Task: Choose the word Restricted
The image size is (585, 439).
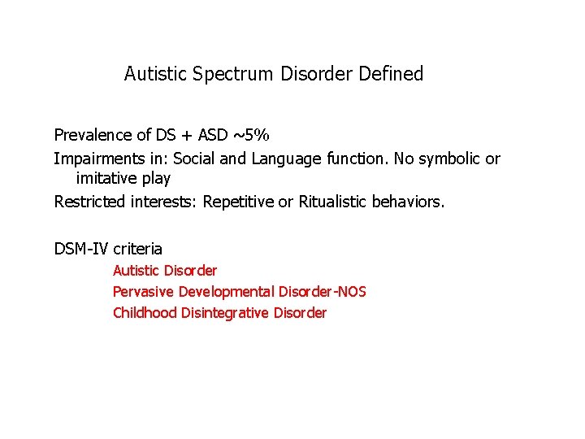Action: tap(89, 202)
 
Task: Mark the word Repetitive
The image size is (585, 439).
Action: tap(239, 202)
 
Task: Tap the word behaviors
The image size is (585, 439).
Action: tap(409, 202)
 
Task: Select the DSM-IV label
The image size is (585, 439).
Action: tap(81, 249)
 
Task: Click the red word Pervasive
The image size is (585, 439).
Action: tap(141, 292)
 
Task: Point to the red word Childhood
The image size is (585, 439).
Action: tap(145, 313)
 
